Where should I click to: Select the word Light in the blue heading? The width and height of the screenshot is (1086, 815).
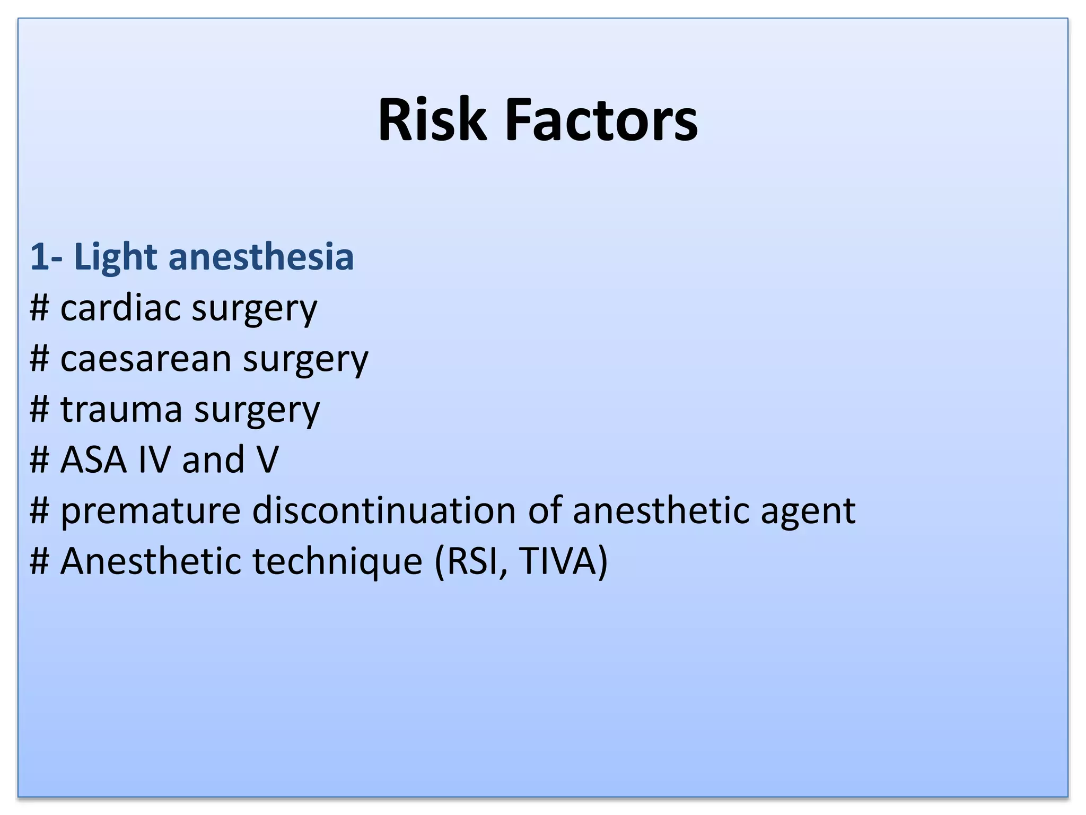(115, 257)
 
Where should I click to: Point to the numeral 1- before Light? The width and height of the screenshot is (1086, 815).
(46, 257)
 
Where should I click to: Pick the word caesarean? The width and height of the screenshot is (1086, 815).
(146, 359)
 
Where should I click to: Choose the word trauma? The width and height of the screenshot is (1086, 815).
(121, 410)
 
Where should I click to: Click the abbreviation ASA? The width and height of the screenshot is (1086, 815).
(93, 459)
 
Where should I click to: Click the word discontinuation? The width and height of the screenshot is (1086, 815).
(384, 510)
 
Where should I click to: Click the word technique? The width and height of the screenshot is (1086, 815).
(337, 561)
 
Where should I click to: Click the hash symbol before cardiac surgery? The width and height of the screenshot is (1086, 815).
(40, 308)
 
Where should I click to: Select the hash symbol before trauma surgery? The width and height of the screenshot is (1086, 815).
(40, 410)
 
